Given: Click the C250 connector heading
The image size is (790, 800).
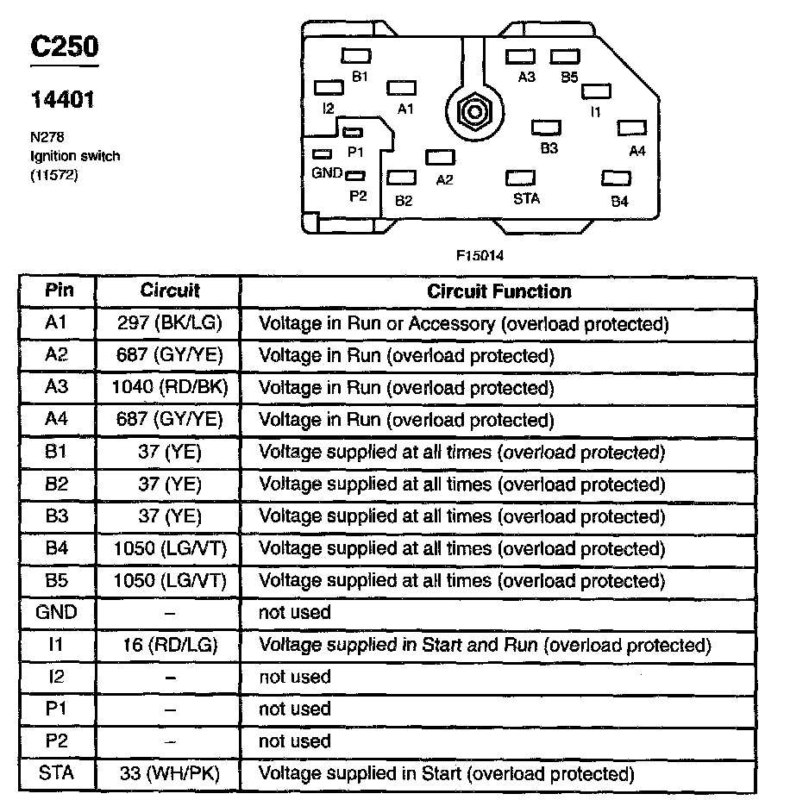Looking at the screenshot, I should pyautogui.click(x=65, y=47).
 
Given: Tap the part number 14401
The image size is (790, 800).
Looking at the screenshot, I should pyautogui.click(x=63, y=99).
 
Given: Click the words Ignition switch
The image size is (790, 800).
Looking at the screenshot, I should pyautogui.click(x=75, y=156).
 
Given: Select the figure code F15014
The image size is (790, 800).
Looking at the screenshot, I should pyautogui.click(x=481, y=256).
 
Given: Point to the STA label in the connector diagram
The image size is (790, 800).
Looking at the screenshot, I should pyautogui.click(x=526, y=198).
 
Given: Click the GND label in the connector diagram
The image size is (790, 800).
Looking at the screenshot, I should pyautogui.click(x=327, y=172).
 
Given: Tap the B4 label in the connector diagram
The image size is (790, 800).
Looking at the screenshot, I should pyautogui.click(x=619, y=202).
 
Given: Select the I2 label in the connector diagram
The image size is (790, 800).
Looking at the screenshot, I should pyautogui.click(x=328, y=109).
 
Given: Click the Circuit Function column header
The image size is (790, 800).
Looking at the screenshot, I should pyautogui.click(x=499, y=291).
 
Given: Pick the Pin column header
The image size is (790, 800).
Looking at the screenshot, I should pyautogui.click(x=58, y=291).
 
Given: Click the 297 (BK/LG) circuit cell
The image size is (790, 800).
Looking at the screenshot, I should pyautogui.click(x=169, y=324).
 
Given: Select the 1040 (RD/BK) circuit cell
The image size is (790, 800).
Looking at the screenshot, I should pyautogui.click(x=169, y=388).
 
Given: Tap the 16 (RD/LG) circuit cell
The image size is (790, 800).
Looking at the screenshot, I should pyautogui.click(x=169, y=645).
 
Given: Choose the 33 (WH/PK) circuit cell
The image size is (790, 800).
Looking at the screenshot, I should pyautogui.click(x=169, y=773).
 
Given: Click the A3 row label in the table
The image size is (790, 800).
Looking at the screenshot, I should pyautogui.click(x=57, y=388).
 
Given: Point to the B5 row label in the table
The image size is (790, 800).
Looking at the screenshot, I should pyautogui.click(x=57, y=580).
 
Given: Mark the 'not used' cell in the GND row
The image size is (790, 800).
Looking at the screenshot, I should pyautogui.click(x=295, y=613).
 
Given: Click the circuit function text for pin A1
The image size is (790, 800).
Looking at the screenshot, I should pyautogui.click(x=464, y=324).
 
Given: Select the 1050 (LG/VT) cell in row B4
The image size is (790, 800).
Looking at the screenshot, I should pyautogui.click(x=169, y=548).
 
